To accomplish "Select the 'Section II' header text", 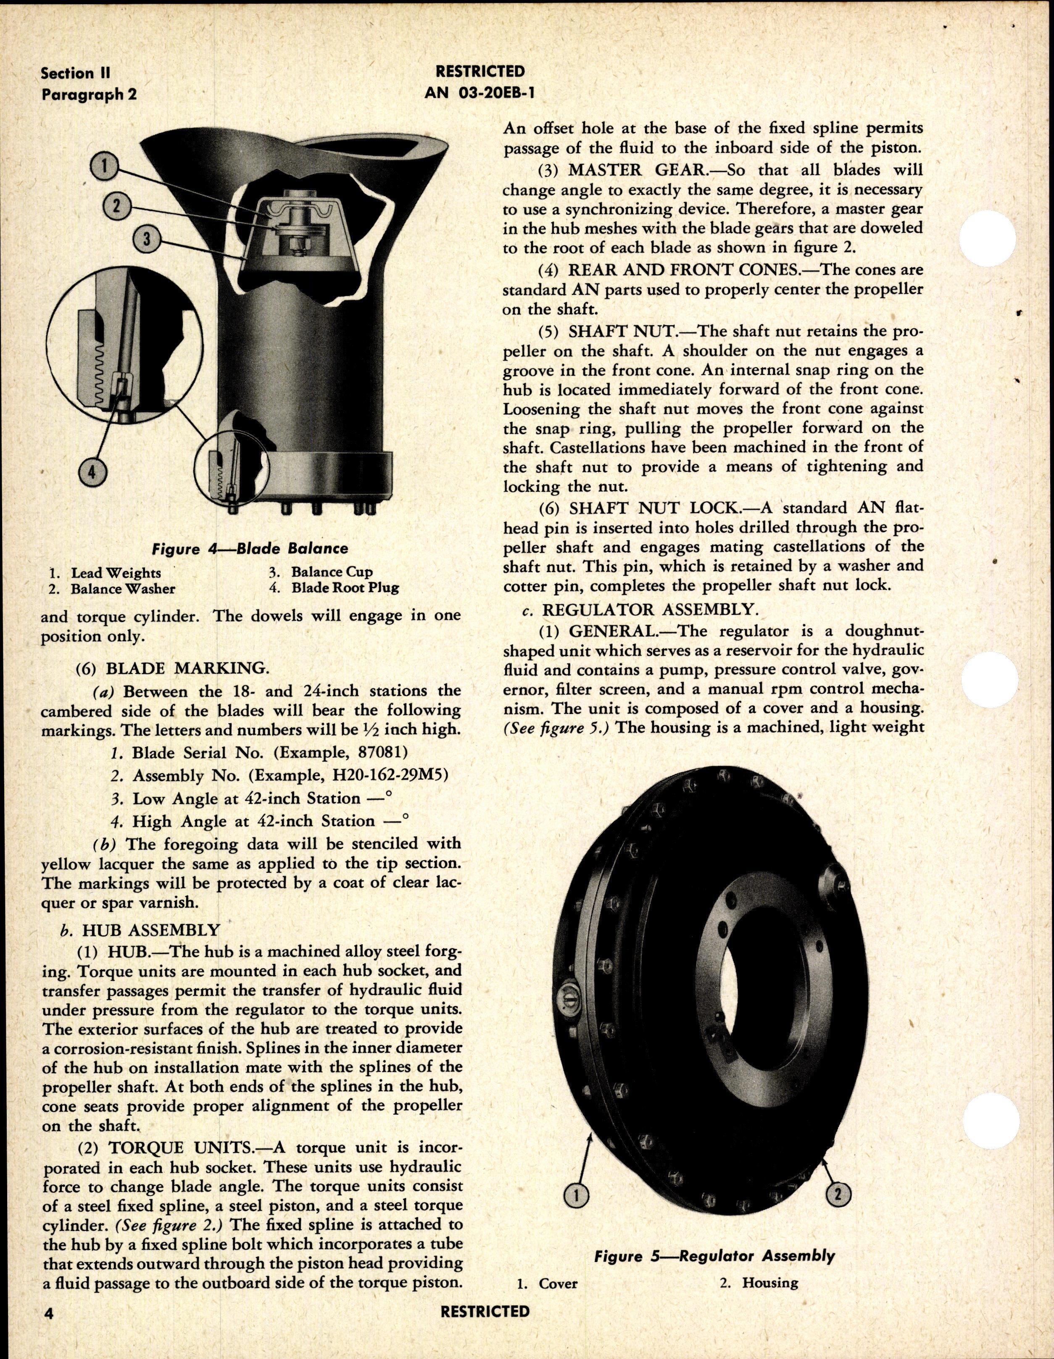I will coord(75,74).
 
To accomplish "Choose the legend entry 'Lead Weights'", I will coord(116,572).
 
